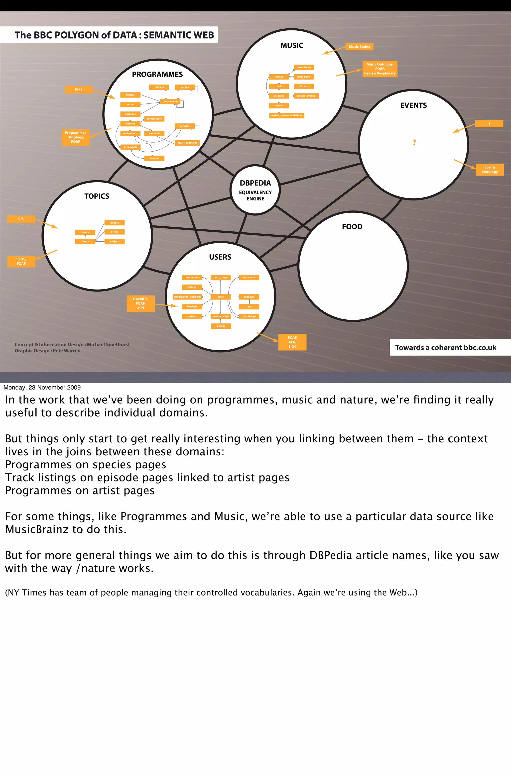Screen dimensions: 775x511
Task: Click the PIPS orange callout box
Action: (79, 89)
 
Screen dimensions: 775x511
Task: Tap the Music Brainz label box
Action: (359, 47)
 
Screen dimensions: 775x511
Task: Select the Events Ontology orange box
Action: (490, 170)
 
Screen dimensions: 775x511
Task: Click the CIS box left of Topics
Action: (21, 219)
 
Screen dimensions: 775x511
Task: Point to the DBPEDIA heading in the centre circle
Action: (255, 183)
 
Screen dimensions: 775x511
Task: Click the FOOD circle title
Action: (352, 227)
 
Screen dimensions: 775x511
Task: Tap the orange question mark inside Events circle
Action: (414, 142)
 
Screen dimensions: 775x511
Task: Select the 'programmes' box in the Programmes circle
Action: (170, 101)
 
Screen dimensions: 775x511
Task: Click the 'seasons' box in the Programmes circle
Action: (154, 158)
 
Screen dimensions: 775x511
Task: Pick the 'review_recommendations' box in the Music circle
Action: (286, 115)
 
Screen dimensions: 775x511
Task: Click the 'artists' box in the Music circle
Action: (279, 77)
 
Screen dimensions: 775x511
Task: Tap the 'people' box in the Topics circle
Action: (114, 223)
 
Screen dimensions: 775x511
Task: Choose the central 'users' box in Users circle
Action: (221, 297)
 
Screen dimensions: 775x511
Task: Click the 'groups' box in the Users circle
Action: (221, 326)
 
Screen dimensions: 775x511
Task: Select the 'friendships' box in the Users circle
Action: (249, 316)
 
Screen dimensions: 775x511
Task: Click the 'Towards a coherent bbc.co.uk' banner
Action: (445, 347)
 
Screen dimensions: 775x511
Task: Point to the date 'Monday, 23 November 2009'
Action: (42, 387)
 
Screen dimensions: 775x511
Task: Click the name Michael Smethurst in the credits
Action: (108, 345)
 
